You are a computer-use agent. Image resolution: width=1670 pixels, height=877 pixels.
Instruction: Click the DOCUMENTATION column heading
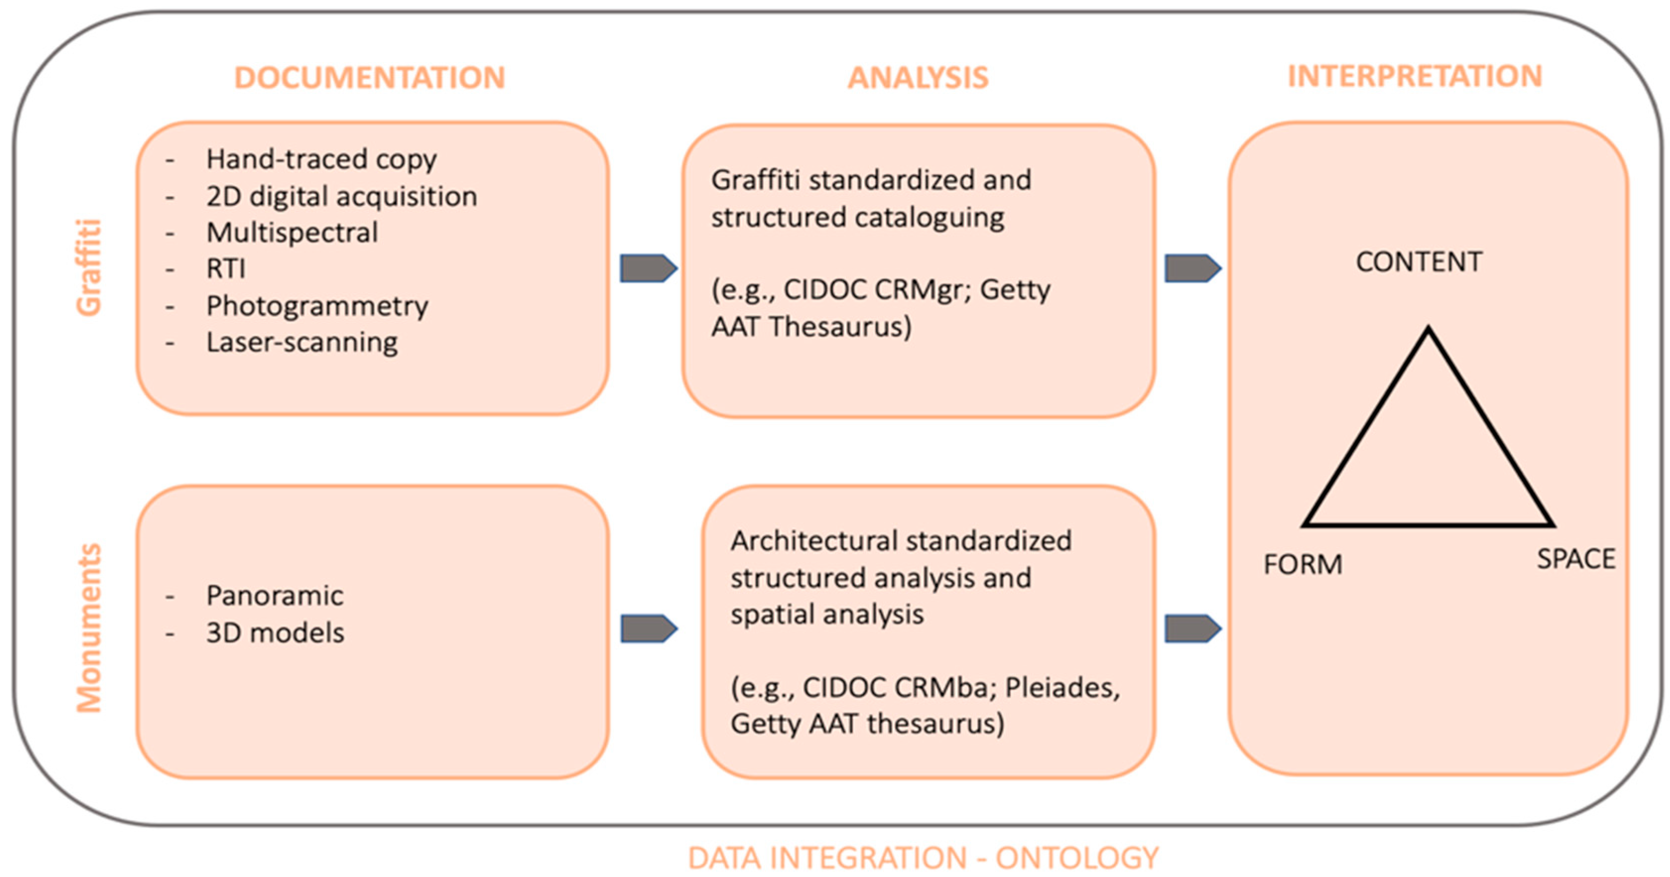point(369,78)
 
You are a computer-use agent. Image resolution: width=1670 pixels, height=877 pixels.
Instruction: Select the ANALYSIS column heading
point(918,78)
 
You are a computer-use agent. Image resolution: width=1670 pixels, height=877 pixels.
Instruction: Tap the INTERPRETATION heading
point(1414,76)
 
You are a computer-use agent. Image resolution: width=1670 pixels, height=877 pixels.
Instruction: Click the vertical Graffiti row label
point(89,268)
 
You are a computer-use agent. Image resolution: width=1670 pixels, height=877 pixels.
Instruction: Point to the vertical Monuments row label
point(89,627)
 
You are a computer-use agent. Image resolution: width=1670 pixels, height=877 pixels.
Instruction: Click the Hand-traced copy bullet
point(321,159)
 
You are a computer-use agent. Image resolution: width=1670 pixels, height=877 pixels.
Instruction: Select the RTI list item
point(226,268)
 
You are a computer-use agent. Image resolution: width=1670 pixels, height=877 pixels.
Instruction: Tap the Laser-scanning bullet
point(302,342)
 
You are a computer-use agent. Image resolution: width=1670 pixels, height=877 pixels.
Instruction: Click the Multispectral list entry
point(292,233)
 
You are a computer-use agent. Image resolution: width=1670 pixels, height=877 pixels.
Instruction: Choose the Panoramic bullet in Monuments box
point(274,596)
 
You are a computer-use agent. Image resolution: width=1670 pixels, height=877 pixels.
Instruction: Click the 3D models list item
point(275,632)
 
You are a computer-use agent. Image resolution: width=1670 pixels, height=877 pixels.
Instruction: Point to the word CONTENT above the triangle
point(1419,262)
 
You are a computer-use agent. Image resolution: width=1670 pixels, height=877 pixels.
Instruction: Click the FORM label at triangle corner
point(1302,564)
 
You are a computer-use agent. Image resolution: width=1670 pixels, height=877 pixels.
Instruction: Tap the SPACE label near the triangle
point(1575,559)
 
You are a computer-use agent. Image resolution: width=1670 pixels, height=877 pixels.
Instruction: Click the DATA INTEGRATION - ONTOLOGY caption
point(923,858)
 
